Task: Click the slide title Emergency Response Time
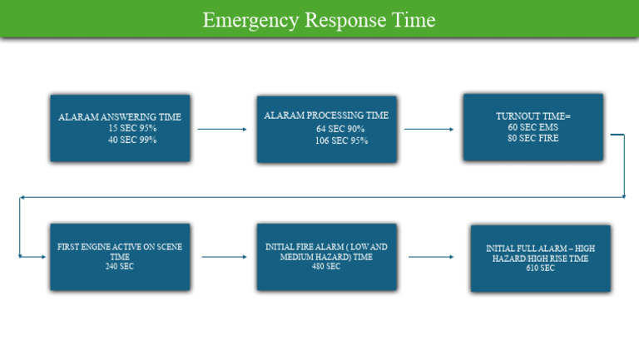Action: tap(319, 20)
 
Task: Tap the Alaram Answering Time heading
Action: tap(120, 117)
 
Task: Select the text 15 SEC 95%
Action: tap(132, 128)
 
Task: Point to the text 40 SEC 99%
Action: tap(132, 140)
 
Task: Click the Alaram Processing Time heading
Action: tap(326, 116)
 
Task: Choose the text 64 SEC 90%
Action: tap(340, 129)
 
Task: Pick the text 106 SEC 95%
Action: tap(341, 141)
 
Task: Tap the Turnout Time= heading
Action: tap(533, 116)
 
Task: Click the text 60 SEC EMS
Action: tap(533, 127)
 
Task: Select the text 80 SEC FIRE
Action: tap(533, 138)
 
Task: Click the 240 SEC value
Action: tap(120, 267)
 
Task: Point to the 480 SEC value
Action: tap(326, 267)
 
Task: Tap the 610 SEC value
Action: tap(540, 269)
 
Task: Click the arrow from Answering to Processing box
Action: tap(222, 129)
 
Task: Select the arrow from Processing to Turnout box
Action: tap(428, 129)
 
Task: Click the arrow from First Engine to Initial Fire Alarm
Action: tap(224, 257)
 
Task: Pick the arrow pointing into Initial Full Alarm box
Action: tap(430, 257)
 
